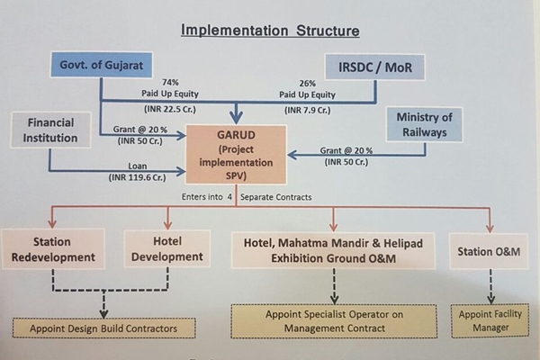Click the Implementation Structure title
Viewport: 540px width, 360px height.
click(270, 31)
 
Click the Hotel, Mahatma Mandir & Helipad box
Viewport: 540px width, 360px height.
click(334, 249)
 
